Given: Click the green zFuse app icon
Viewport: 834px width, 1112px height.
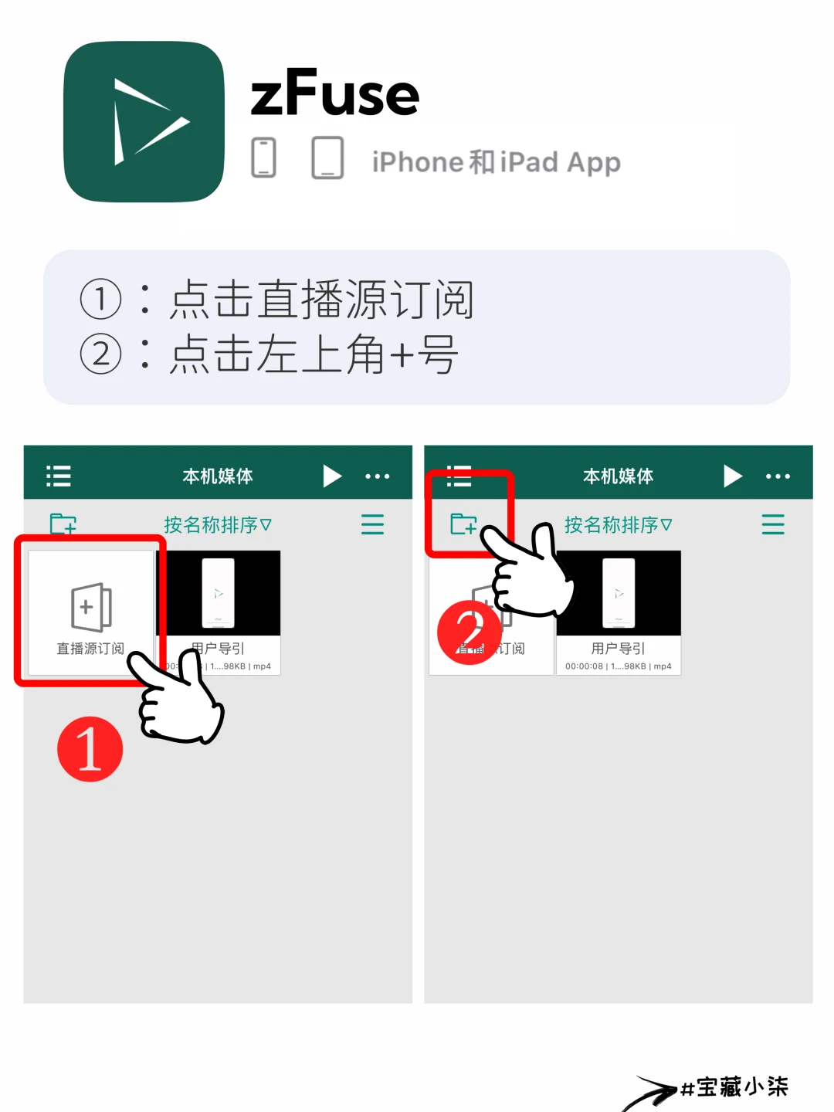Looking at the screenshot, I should [144, 122].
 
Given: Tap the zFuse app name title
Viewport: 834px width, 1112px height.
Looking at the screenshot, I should [335, 94].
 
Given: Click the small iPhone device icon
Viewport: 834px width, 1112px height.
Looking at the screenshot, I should [263, 158].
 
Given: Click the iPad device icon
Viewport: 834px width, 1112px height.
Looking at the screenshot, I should [327, 158].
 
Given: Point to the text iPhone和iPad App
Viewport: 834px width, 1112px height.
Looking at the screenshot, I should [496, 162].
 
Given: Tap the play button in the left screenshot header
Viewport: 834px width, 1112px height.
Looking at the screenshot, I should [332, 476].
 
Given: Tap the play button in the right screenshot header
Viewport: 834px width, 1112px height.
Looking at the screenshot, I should [732, 476].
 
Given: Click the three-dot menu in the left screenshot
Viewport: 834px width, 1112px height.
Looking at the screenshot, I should [377, 476].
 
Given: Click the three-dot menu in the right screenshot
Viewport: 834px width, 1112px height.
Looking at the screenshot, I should [778, 476].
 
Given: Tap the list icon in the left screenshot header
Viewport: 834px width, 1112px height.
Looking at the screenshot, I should [59, 476].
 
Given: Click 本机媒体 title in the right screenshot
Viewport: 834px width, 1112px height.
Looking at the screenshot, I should [618, 476].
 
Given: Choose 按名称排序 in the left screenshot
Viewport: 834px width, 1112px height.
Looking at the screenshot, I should [217, 525].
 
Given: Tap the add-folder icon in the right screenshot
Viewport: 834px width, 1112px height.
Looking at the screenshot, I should [463, 524].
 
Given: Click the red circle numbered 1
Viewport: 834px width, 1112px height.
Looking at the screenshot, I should [90, 749].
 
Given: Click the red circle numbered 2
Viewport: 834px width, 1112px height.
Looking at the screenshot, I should [469, 632].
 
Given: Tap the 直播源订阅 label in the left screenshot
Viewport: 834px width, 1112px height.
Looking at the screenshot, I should [90, 649].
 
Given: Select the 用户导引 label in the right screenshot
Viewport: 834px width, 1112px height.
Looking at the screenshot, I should [618, 649].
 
